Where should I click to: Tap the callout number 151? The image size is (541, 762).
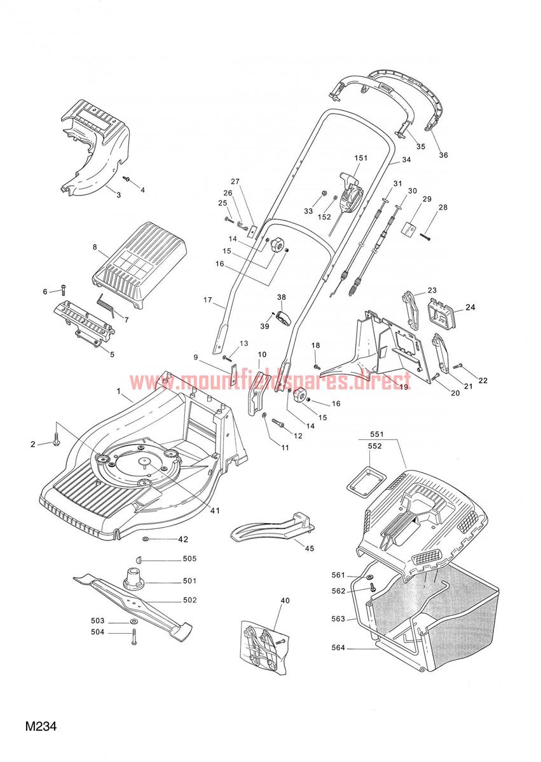click(x=361, y=158)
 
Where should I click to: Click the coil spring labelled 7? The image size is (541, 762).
click(x=107, y=305)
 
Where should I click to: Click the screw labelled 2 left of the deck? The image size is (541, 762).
click(x=56, y=438)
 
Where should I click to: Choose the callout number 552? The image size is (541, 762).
click(x=374, y=446)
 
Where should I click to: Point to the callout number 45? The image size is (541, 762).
click(x=309, y=549)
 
